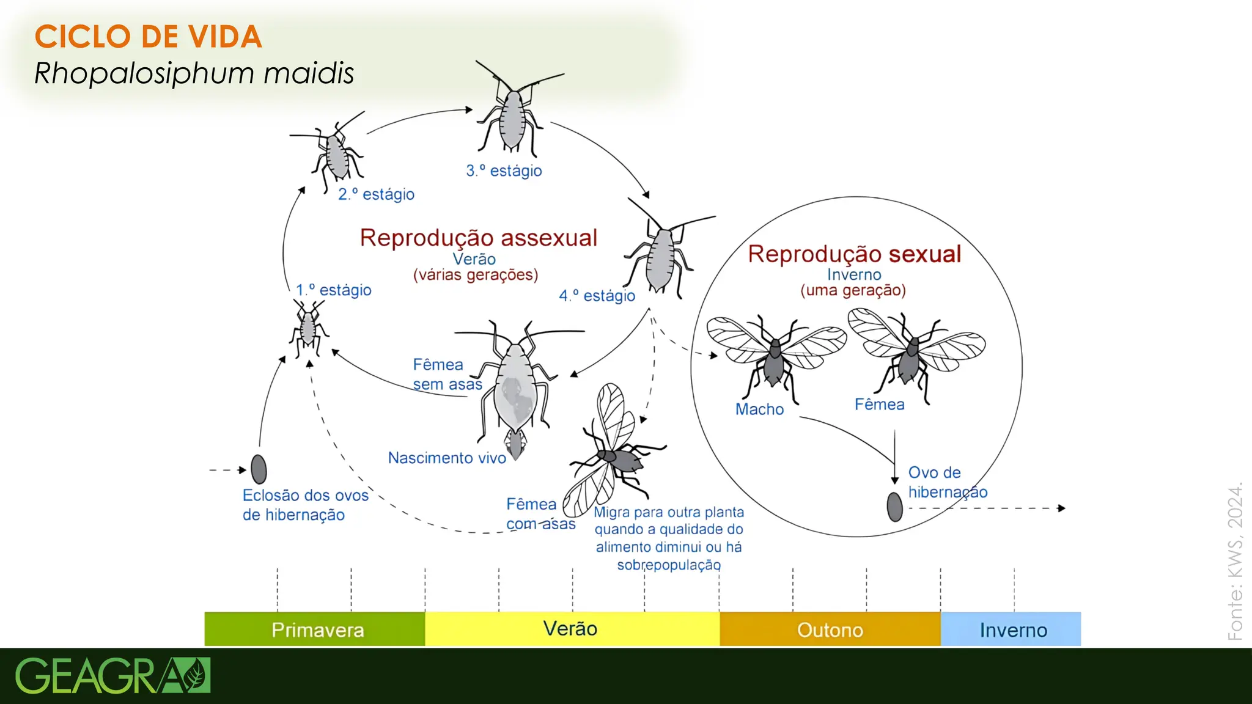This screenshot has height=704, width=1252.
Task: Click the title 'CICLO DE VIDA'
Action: [148, 37]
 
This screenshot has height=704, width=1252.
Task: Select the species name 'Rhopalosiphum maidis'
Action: [194, 73]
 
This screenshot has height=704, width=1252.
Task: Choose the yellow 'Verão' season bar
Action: [572, 629]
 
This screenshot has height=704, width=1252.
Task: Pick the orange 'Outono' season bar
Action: [830, 629]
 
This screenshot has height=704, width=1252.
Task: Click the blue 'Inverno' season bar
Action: [1011, 629]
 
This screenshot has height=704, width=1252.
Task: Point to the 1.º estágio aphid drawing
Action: [309, 331]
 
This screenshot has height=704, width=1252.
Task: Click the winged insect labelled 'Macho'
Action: [773, 358]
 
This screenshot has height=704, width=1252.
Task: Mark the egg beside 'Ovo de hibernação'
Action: [894, 507]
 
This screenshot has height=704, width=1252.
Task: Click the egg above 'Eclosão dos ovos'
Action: [259, 469]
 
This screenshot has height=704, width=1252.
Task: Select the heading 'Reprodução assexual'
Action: [478, 238]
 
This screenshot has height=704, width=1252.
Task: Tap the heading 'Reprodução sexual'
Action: [854, 254]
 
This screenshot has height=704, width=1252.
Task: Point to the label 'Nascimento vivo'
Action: [447, 458]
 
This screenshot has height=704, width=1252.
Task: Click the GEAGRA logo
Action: [112, 675]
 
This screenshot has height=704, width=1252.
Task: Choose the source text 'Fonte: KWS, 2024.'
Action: [1235, 561]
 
